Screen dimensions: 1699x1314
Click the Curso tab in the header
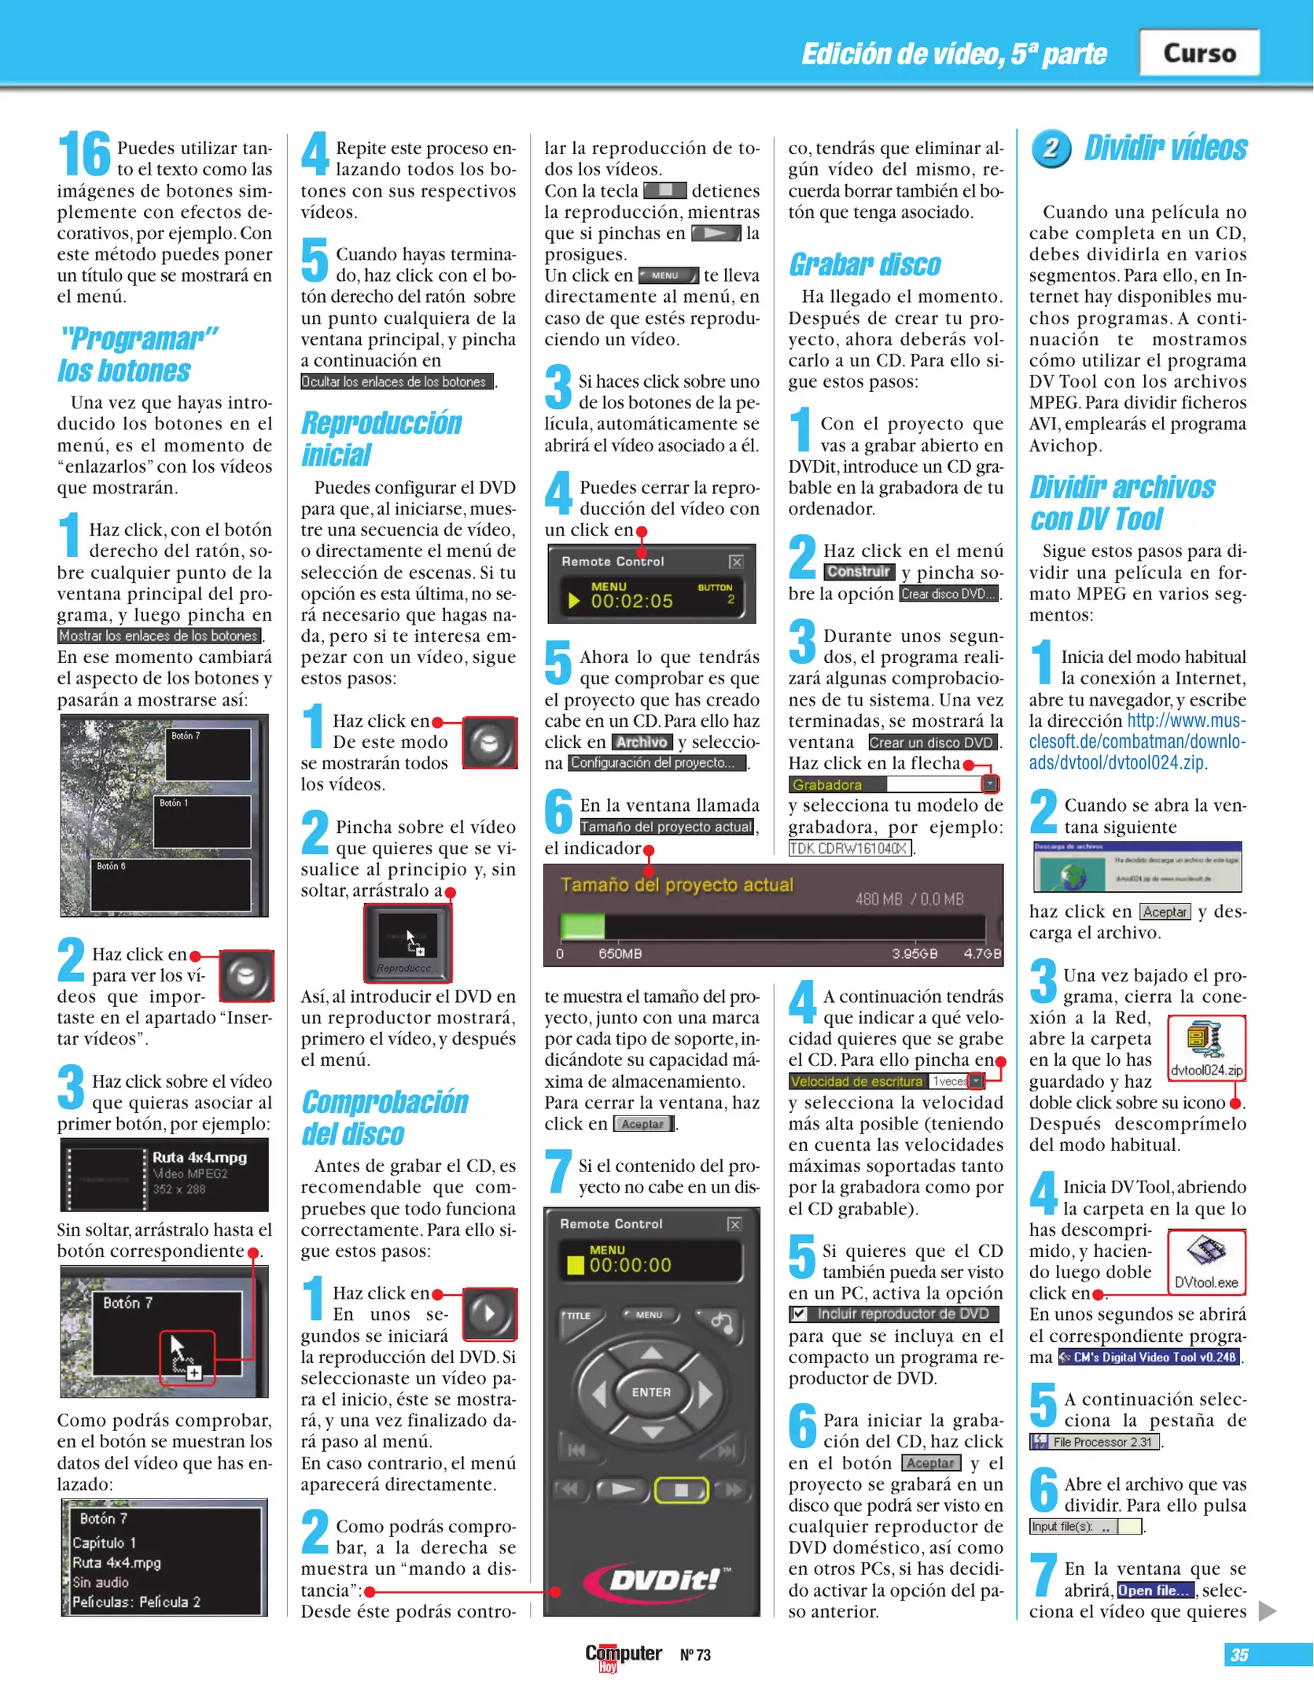tap(1199, 53)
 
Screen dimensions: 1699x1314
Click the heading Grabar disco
tap(864, 265)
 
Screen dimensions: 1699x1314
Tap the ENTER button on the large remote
tap(651, 1391)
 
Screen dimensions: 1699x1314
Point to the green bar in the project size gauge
tap(582, 926)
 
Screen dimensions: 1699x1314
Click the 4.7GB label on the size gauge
tap(982, 954)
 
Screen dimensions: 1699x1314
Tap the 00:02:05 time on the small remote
tap(631, 602)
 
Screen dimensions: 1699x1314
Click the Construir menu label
tap(858, 572)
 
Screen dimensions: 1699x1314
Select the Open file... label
tap(1154, 1590)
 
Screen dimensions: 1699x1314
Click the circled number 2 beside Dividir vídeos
tap(1051, 148)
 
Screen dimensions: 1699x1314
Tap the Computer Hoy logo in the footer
tap(623, 1655)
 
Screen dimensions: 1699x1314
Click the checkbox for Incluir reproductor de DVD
tap(800, 1314)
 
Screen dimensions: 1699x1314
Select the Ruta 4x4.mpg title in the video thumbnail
tap(199, 1157)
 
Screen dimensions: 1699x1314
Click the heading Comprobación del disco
tap(385, 1118)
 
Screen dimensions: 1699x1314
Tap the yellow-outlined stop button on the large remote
tap(681, 1489)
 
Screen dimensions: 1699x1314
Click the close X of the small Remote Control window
tap(736, 562)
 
